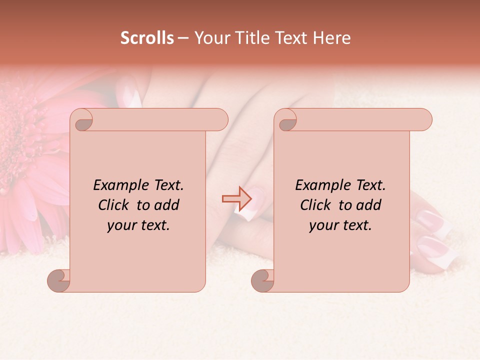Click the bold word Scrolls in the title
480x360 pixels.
[147, 38]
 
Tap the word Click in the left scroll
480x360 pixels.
[109, 205]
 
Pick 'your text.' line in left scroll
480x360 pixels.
[138, 225]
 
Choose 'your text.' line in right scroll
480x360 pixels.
[340, 225]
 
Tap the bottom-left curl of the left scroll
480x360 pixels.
[59, 280]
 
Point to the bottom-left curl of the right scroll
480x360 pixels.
[263, 280]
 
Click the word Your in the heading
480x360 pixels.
[210, 38]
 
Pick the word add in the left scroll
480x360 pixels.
[166, 205]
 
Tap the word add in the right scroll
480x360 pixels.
[368, 205]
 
